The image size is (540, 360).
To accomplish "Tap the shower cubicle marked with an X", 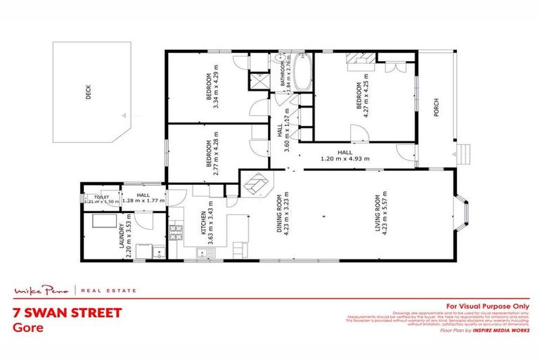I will (x=255, y=79).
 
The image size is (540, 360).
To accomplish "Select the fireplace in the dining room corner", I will (x=255, y=184).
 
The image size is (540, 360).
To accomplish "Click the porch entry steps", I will (x=462, y=153).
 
